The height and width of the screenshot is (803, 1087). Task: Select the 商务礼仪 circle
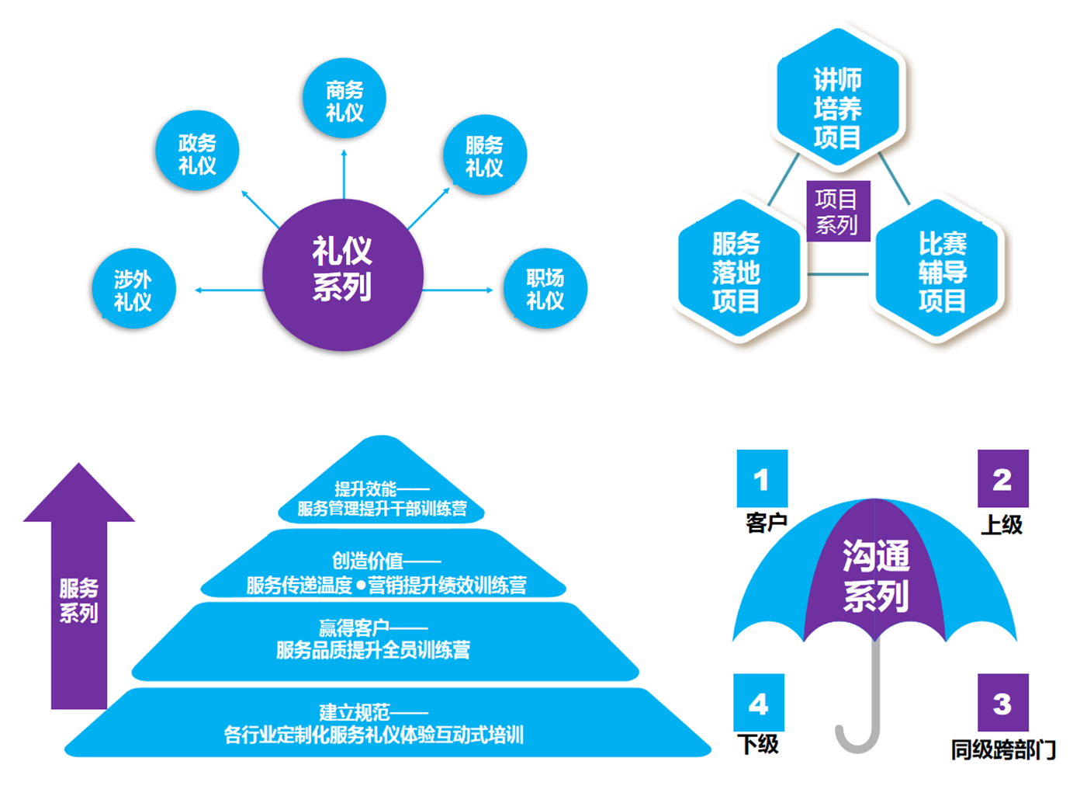tap(344, 99)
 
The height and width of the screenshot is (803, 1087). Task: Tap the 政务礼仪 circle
tap(197, 151)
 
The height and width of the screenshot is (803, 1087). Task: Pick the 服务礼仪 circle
tap(485, 155)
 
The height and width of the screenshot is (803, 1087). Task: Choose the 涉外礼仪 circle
tap(133, 289)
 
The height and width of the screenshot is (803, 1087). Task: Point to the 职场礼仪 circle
tap(545, 289)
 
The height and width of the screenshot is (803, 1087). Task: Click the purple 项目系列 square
tap(837, 211)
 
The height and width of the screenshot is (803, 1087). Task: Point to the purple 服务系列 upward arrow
tap(78, 590)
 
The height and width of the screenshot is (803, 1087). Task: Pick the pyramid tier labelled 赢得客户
tap(383, 641)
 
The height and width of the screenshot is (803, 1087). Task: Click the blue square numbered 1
tap(762, 478)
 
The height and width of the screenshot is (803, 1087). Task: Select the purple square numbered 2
tap(1002, 478)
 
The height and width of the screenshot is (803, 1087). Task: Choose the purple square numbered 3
tap(1002, 703)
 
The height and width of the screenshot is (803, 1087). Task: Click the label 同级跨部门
tap(1003, 749)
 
